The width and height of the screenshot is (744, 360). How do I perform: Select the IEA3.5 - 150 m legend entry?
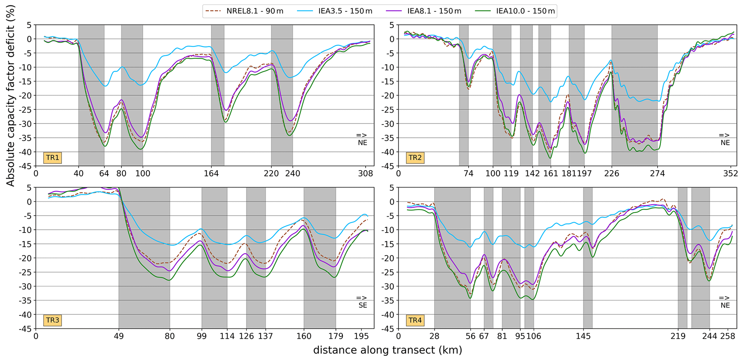335,11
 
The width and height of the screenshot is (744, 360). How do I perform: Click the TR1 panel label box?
53,158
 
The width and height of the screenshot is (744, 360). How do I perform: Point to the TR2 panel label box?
415,158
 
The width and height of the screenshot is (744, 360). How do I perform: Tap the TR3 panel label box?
53,320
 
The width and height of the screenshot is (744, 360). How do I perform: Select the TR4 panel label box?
415,320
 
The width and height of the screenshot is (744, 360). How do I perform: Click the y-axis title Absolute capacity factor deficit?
11,95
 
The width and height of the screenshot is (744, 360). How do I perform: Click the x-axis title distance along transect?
387,350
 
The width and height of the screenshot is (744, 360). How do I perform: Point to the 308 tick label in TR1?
366,174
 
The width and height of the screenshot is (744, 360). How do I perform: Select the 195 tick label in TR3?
362,336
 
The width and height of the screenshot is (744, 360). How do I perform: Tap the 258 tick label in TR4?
727,336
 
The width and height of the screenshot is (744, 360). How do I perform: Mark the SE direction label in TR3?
362,305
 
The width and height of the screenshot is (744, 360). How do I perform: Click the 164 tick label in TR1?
211,174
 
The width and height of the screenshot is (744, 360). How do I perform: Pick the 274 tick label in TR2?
657,174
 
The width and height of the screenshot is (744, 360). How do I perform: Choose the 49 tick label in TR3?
119,336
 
